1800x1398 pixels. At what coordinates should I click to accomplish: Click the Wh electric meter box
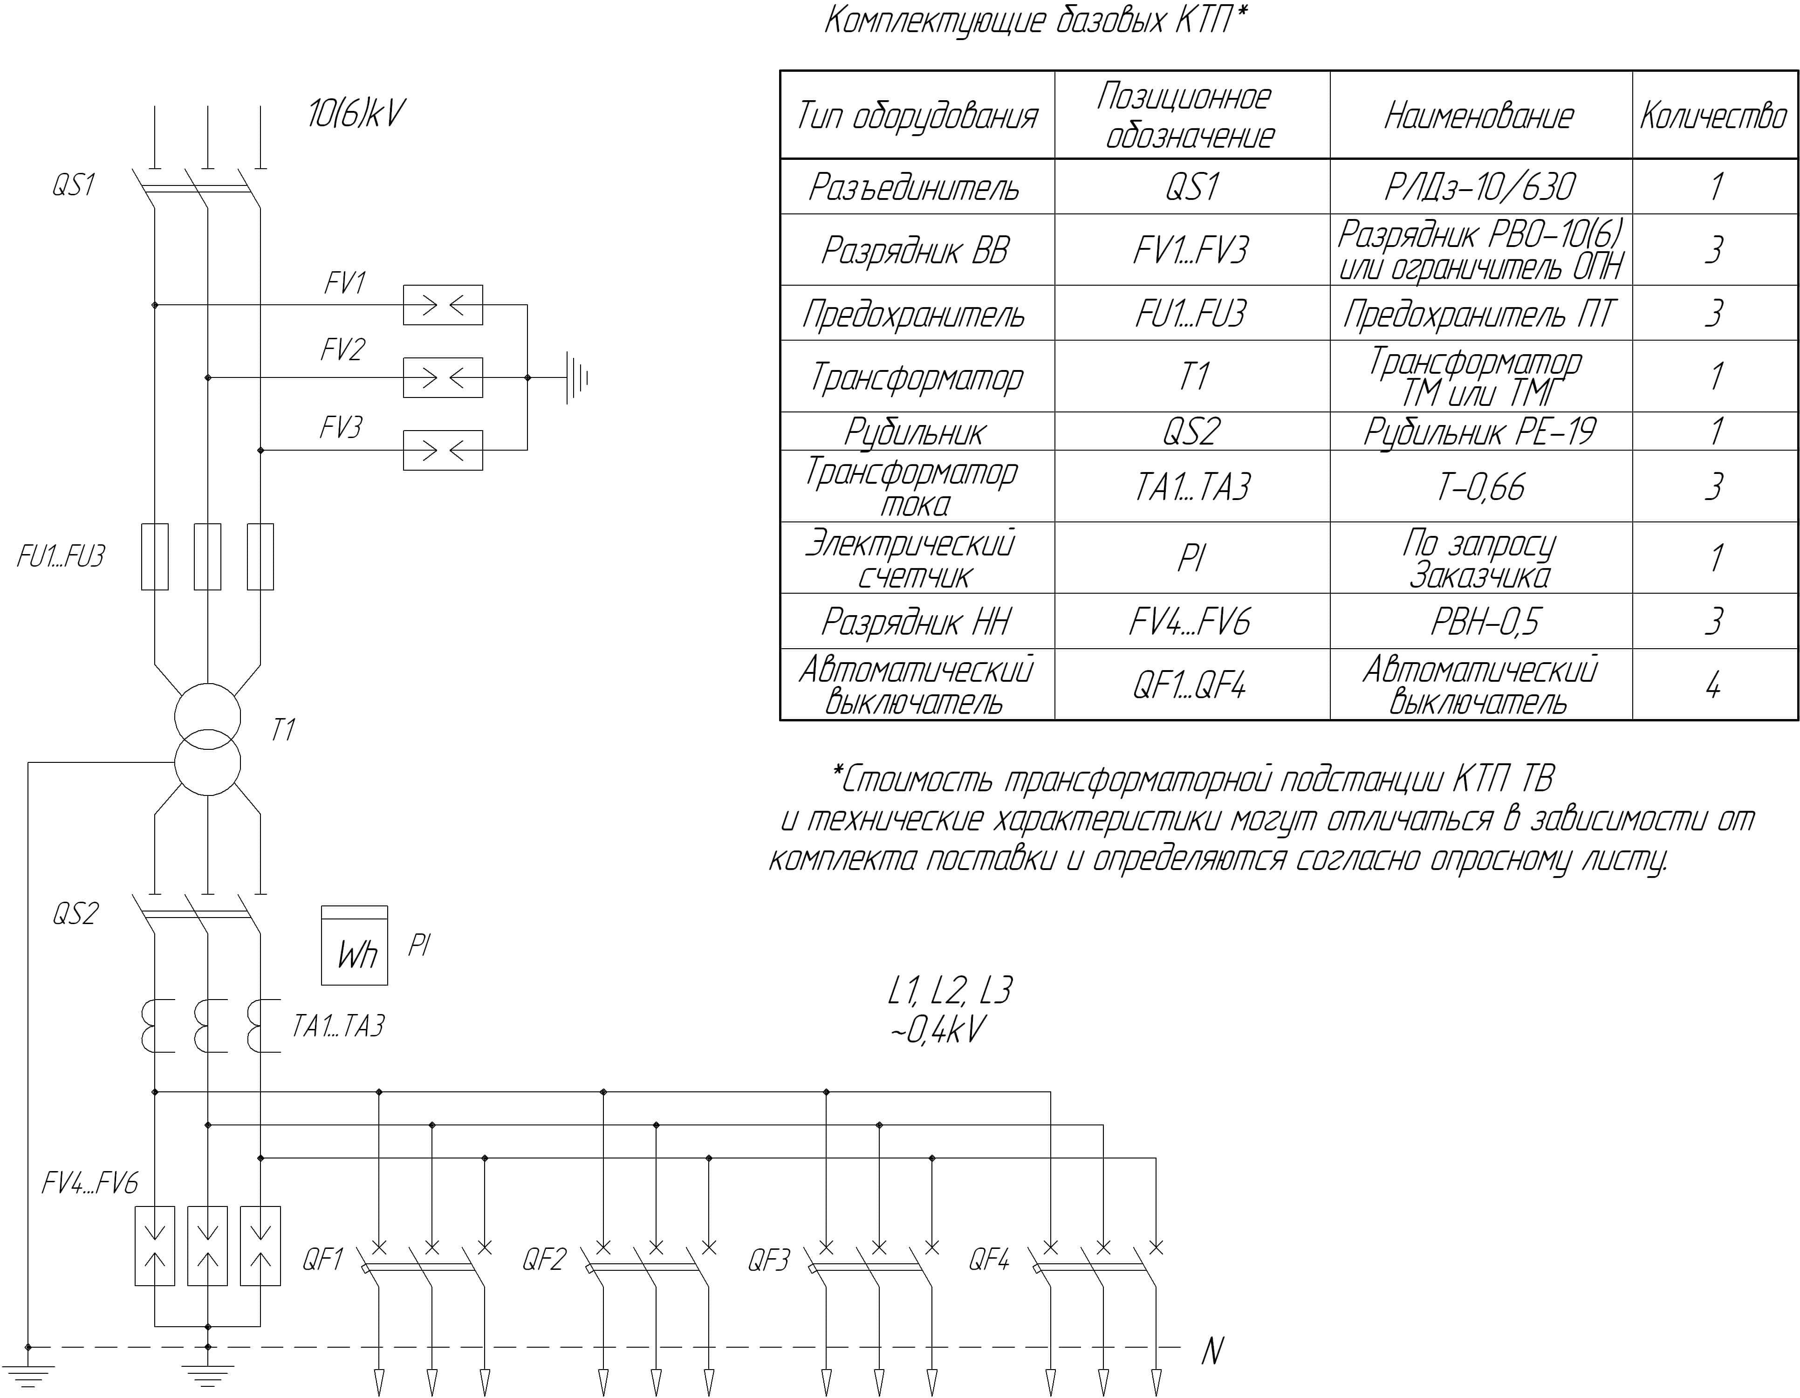click(x=355, y=946)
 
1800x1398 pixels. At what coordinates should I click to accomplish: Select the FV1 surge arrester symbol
click(x=443, y=305)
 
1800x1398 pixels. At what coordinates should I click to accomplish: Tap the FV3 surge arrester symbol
click(x=443, y=450)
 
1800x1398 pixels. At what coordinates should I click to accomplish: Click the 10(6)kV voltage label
click(x=356, y=114)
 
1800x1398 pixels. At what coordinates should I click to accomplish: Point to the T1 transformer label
click(x=283, y=729)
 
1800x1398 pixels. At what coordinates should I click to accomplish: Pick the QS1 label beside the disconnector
click(x=73, y=185)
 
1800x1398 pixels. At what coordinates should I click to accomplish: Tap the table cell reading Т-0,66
click(x=1481, y=487)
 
